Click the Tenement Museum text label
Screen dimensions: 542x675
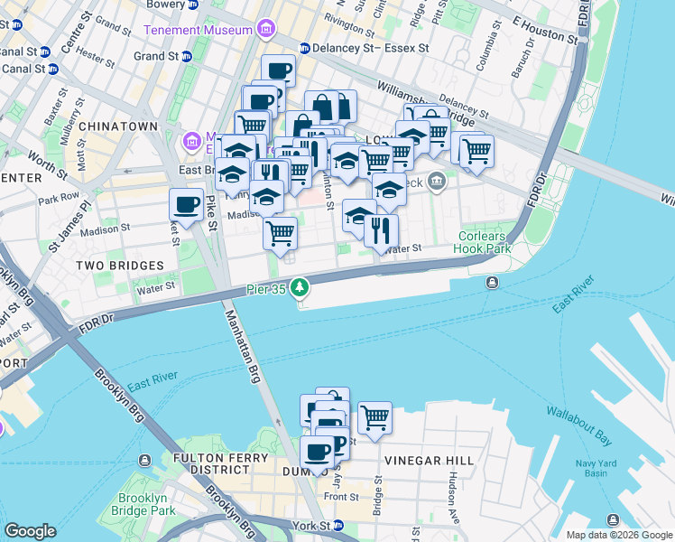(x=198, y=30)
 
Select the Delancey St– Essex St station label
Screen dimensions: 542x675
(x=365, y=47)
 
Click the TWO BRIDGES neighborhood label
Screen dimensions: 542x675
(x=119, y=266)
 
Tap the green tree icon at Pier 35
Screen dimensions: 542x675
(x=298, y=290)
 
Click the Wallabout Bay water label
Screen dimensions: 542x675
(x=578, y=426)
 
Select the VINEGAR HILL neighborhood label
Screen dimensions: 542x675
(x=429, y=461)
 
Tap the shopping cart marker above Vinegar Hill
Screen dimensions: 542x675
(x=374, y=418)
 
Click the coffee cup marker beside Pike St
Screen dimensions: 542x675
(x=187, y=205)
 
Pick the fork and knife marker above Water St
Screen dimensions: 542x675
(x=382, y=230)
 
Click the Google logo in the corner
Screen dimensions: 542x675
(x=31, y=530)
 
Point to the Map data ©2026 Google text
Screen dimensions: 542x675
(x=618, y=535)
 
